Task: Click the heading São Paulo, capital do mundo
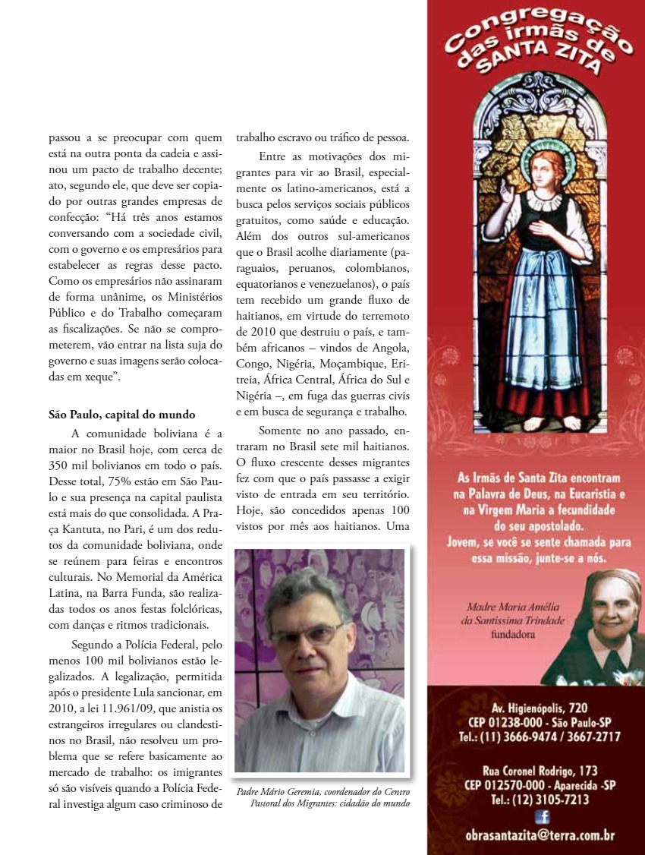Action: point(122,415)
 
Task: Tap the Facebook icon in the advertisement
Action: point(542,816)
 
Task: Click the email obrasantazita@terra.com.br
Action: point(540,836)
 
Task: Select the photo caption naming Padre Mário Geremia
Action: point(323,797)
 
